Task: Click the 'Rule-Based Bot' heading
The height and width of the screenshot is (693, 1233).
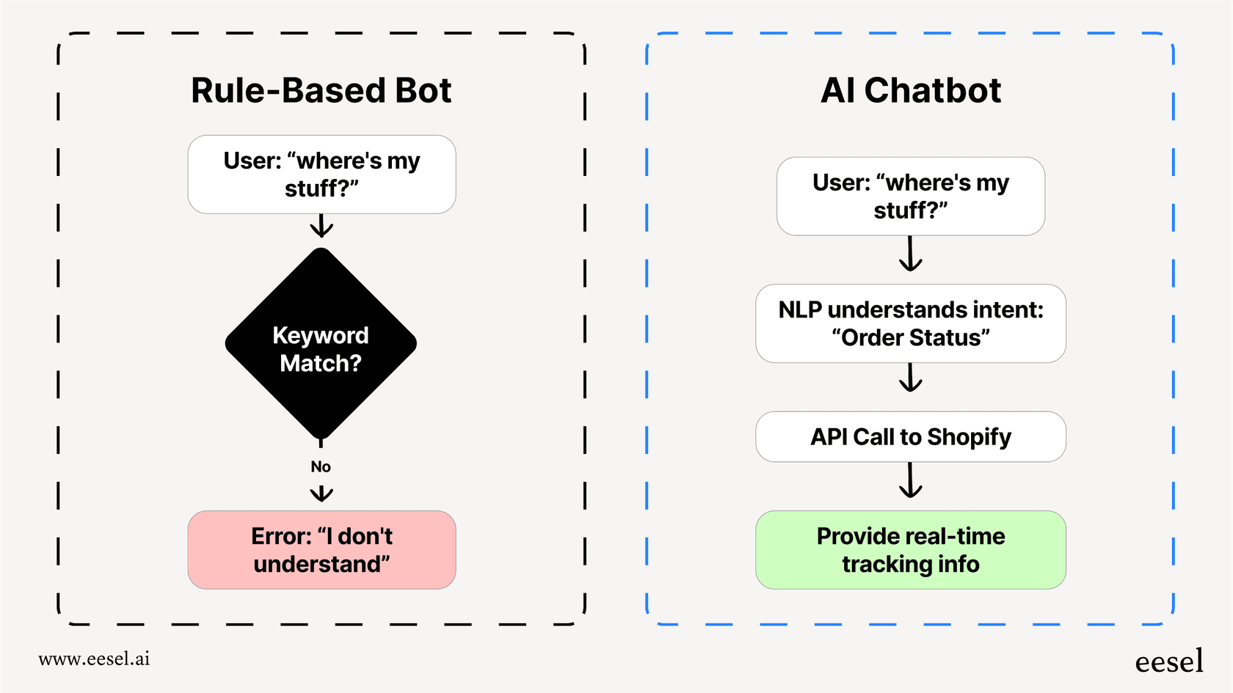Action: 321,91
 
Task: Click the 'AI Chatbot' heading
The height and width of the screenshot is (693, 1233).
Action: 910,91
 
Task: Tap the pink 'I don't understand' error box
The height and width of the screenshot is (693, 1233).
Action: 321,550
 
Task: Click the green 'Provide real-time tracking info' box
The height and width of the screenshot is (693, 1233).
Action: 910,550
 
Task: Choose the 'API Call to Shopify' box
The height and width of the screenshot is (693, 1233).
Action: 910,437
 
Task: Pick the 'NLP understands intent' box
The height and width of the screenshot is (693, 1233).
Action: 910,323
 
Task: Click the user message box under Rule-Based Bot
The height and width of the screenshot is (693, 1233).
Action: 321,175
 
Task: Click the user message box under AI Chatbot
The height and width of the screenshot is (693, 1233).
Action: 910,197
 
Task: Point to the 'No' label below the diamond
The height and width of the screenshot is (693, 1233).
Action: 321,466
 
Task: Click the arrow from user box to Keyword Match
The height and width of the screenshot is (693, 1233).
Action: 321,226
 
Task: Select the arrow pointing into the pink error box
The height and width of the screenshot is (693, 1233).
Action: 321,494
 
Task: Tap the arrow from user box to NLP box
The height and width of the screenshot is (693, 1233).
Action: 910,254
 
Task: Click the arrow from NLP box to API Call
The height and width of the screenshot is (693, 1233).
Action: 910,378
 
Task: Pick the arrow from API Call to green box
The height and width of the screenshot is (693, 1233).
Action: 910,481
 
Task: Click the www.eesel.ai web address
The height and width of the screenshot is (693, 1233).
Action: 94,659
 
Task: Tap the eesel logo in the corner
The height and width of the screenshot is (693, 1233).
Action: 1168,661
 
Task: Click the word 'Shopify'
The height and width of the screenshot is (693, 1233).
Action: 969,437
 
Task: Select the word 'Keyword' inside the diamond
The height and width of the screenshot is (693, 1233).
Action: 321,335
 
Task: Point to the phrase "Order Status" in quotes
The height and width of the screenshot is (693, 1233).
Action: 910,338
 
